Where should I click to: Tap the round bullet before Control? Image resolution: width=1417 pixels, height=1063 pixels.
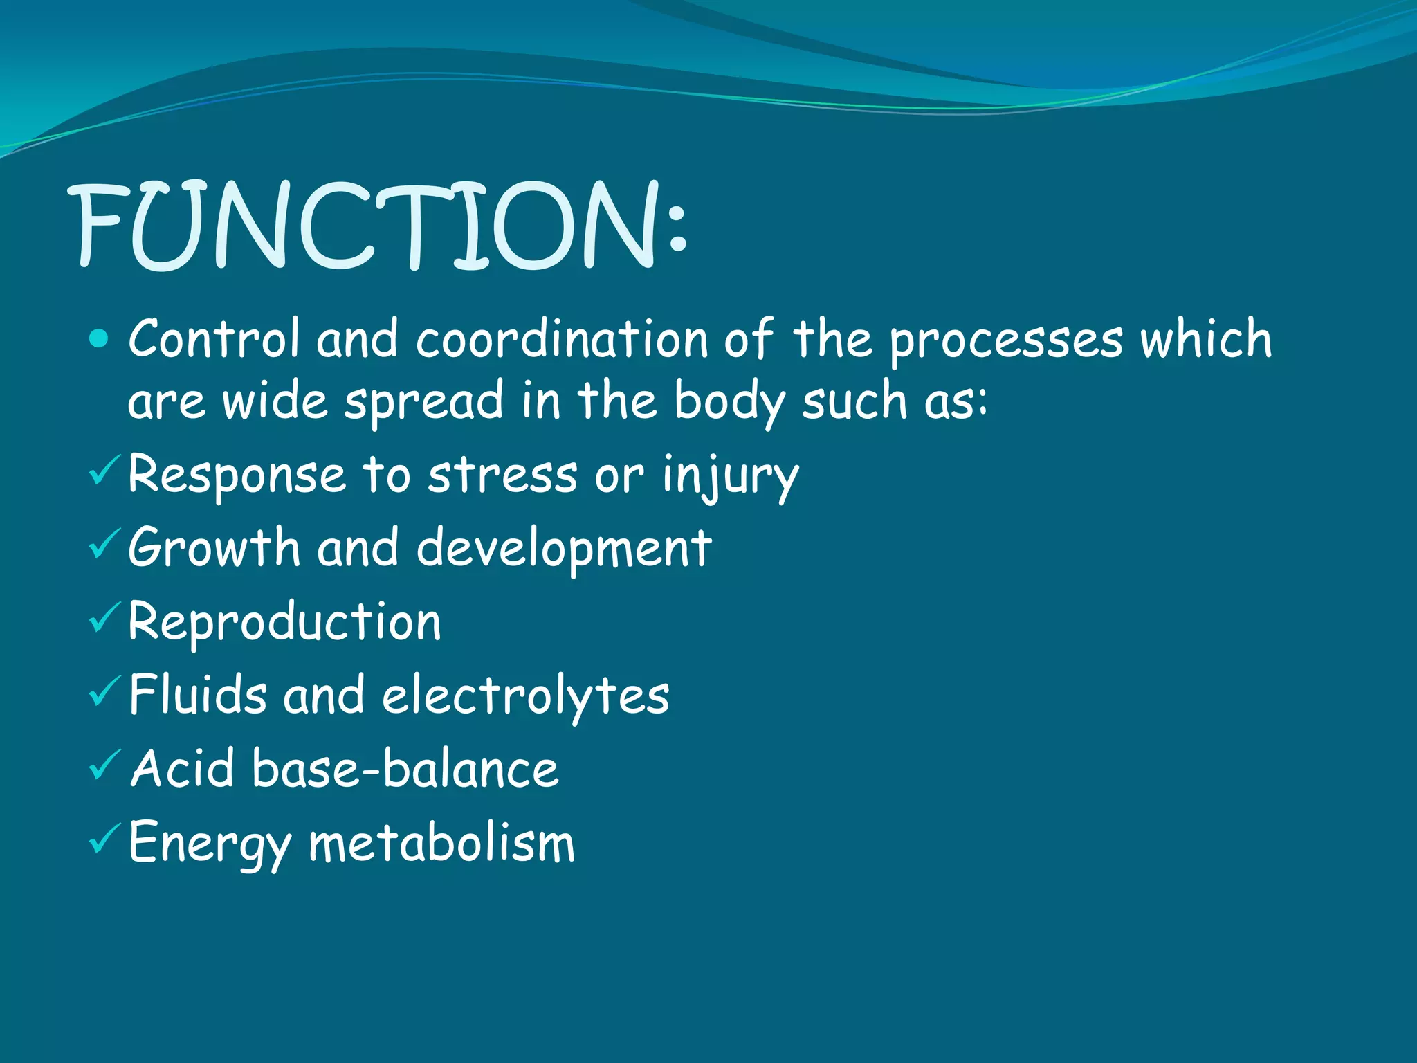100,338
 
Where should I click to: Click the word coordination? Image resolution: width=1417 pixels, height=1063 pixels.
562,340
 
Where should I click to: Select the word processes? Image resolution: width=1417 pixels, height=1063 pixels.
1005,341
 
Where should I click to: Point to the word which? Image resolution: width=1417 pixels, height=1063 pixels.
1206,338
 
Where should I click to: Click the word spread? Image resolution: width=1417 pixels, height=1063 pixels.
423,402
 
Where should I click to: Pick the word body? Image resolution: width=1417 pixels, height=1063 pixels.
729,402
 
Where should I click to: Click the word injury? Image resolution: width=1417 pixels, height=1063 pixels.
730,477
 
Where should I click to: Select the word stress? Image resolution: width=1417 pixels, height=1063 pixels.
502,475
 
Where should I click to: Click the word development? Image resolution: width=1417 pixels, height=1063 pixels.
564,549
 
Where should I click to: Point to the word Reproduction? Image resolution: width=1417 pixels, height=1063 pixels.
284,622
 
